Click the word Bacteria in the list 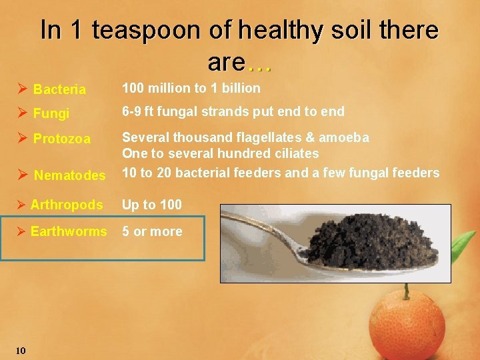[59, 89]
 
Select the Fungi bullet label [51, 113]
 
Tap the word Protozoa [62, 139]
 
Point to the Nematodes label [69, 175]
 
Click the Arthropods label [67, 205]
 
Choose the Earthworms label [69, 231]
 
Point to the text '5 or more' [151, 231]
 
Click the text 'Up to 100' [151, 205]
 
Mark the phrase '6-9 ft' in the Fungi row [137, 111]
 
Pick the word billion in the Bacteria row [241, 88]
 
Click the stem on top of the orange [405, 291]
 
